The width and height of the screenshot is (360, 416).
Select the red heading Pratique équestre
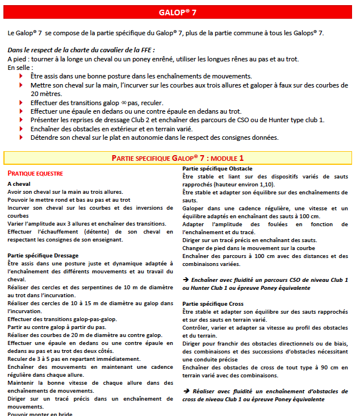pyautogui.click(x=35, y=173)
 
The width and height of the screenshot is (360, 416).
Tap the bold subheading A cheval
pyautogui.click(x=19, y=184)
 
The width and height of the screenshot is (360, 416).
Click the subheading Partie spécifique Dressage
pyautogui.click(x=43, y=256)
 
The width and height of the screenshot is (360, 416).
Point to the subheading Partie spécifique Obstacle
pyautogui.click(x=217, y=169)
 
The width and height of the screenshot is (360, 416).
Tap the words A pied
pyautogui.click(x=18, y=59)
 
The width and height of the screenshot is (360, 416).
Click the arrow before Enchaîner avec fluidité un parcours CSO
pyautogui.click(x=186, y=280)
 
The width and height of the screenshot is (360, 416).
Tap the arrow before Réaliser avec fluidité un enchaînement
pyautogui.click(x=186, y=392)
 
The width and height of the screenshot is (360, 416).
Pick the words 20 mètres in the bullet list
pyautogui.click(x=46, y=93)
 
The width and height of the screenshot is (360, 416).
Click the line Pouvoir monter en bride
pyautogui.click(x=40, y=414)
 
